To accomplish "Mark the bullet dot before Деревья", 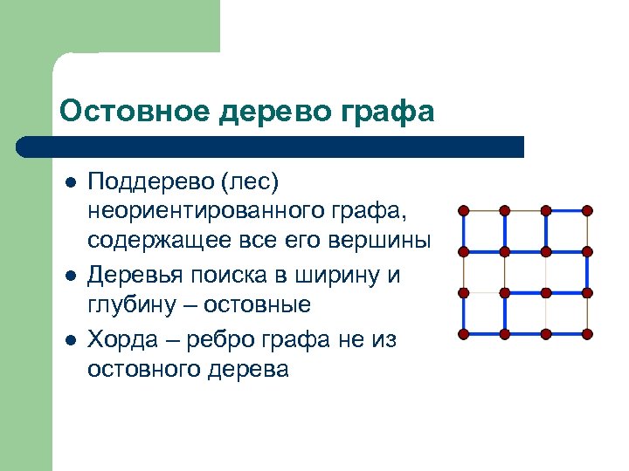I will (x=71, y=276).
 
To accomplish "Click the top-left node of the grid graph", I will (x=463, y=210).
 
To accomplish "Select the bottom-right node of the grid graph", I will (x=587, y=334).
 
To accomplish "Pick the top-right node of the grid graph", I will (x=587, y=210).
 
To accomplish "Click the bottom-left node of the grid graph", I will (x=463, y=334).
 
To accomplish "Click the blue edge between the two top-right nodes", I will (x=566, y=210).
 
